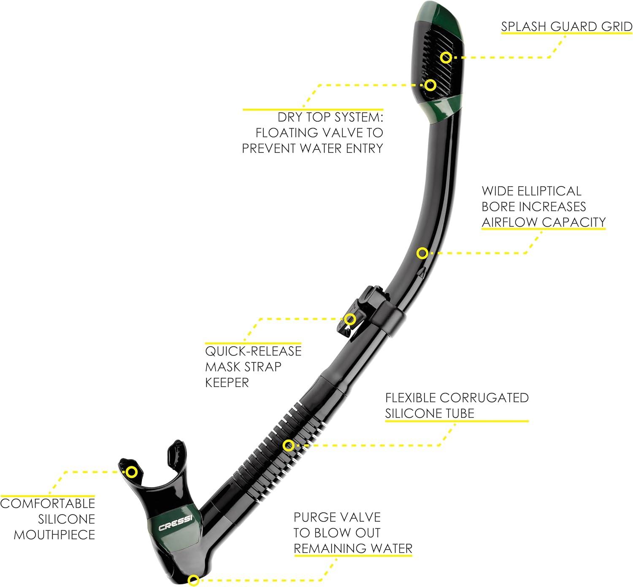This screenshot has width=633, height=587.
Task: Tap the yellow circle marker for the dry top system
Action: pos(430,85)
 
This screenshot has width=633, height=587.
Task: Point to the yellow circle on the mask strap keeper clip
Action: pos(350,319)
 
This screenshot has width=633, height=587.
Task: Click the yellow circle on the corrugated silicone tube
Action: pos(288,445)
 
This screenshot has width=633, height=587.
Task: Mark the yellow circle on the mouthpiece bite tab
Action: pos(132,472)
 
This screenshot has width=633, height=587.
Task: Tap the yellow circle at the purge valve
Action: pos(193,580)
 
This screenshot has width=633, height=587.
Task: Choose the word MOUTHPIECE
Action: pos(54,535)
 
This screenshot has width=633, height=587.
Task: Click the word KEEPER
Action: pos(227,382)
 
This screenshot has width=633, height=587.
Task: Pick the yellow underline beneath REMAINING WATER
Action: pos(353,555)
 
